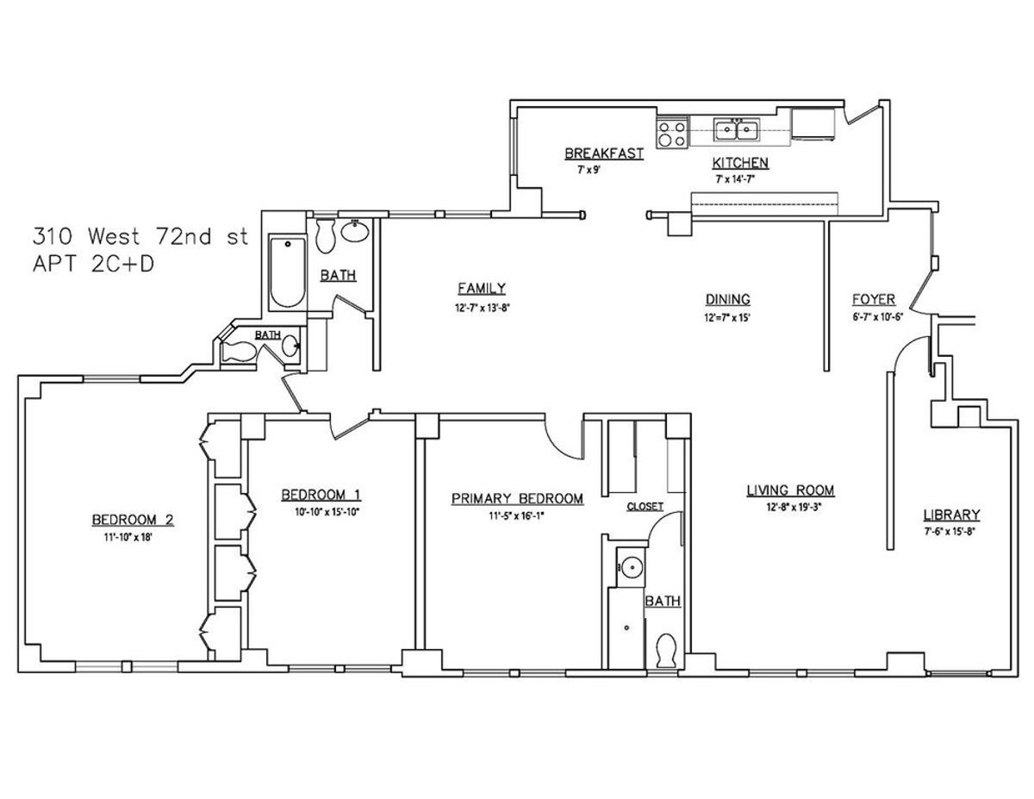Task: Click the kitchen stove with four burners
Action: [x=672, y=134]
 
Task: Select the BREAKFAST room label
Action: [x=604, y=153]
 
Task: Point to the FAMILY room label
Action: [x=482, y=289]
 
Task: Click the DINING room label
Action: [x=728, y=299]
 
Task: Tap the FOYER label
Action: [x=873, y=299]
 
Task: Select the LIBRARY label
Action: [x=951, y=515]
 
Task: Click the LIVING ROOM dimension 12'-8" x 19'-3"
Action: [x=790, y=507]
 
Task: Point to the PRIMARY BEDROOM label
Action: [x=517, y=498]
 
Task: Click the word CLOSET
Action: [x=645, y=506]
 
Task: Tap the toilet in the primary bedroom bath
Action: [x=665, y=648]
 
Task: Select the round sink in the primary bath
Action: [x=632, y=568]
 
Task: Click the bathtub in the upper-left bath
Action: [x=287, y=272]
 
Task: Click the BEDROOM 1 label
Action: [x=321, y=495]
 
